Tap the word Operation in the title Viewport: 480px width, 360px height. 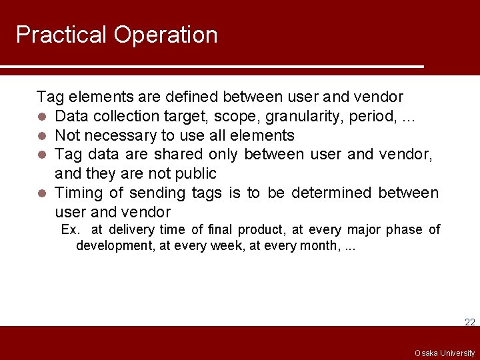click(x=166, y=35)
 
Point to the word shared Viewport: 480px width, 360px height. click(x=178, y=155)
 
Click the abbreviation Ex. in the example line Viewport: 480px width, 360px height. click(x=71, y=230)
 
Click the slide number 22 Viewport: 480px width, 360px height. click(x=469, y=322)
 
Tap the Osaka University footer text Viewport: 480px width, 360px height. click(x=444, y=353)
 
